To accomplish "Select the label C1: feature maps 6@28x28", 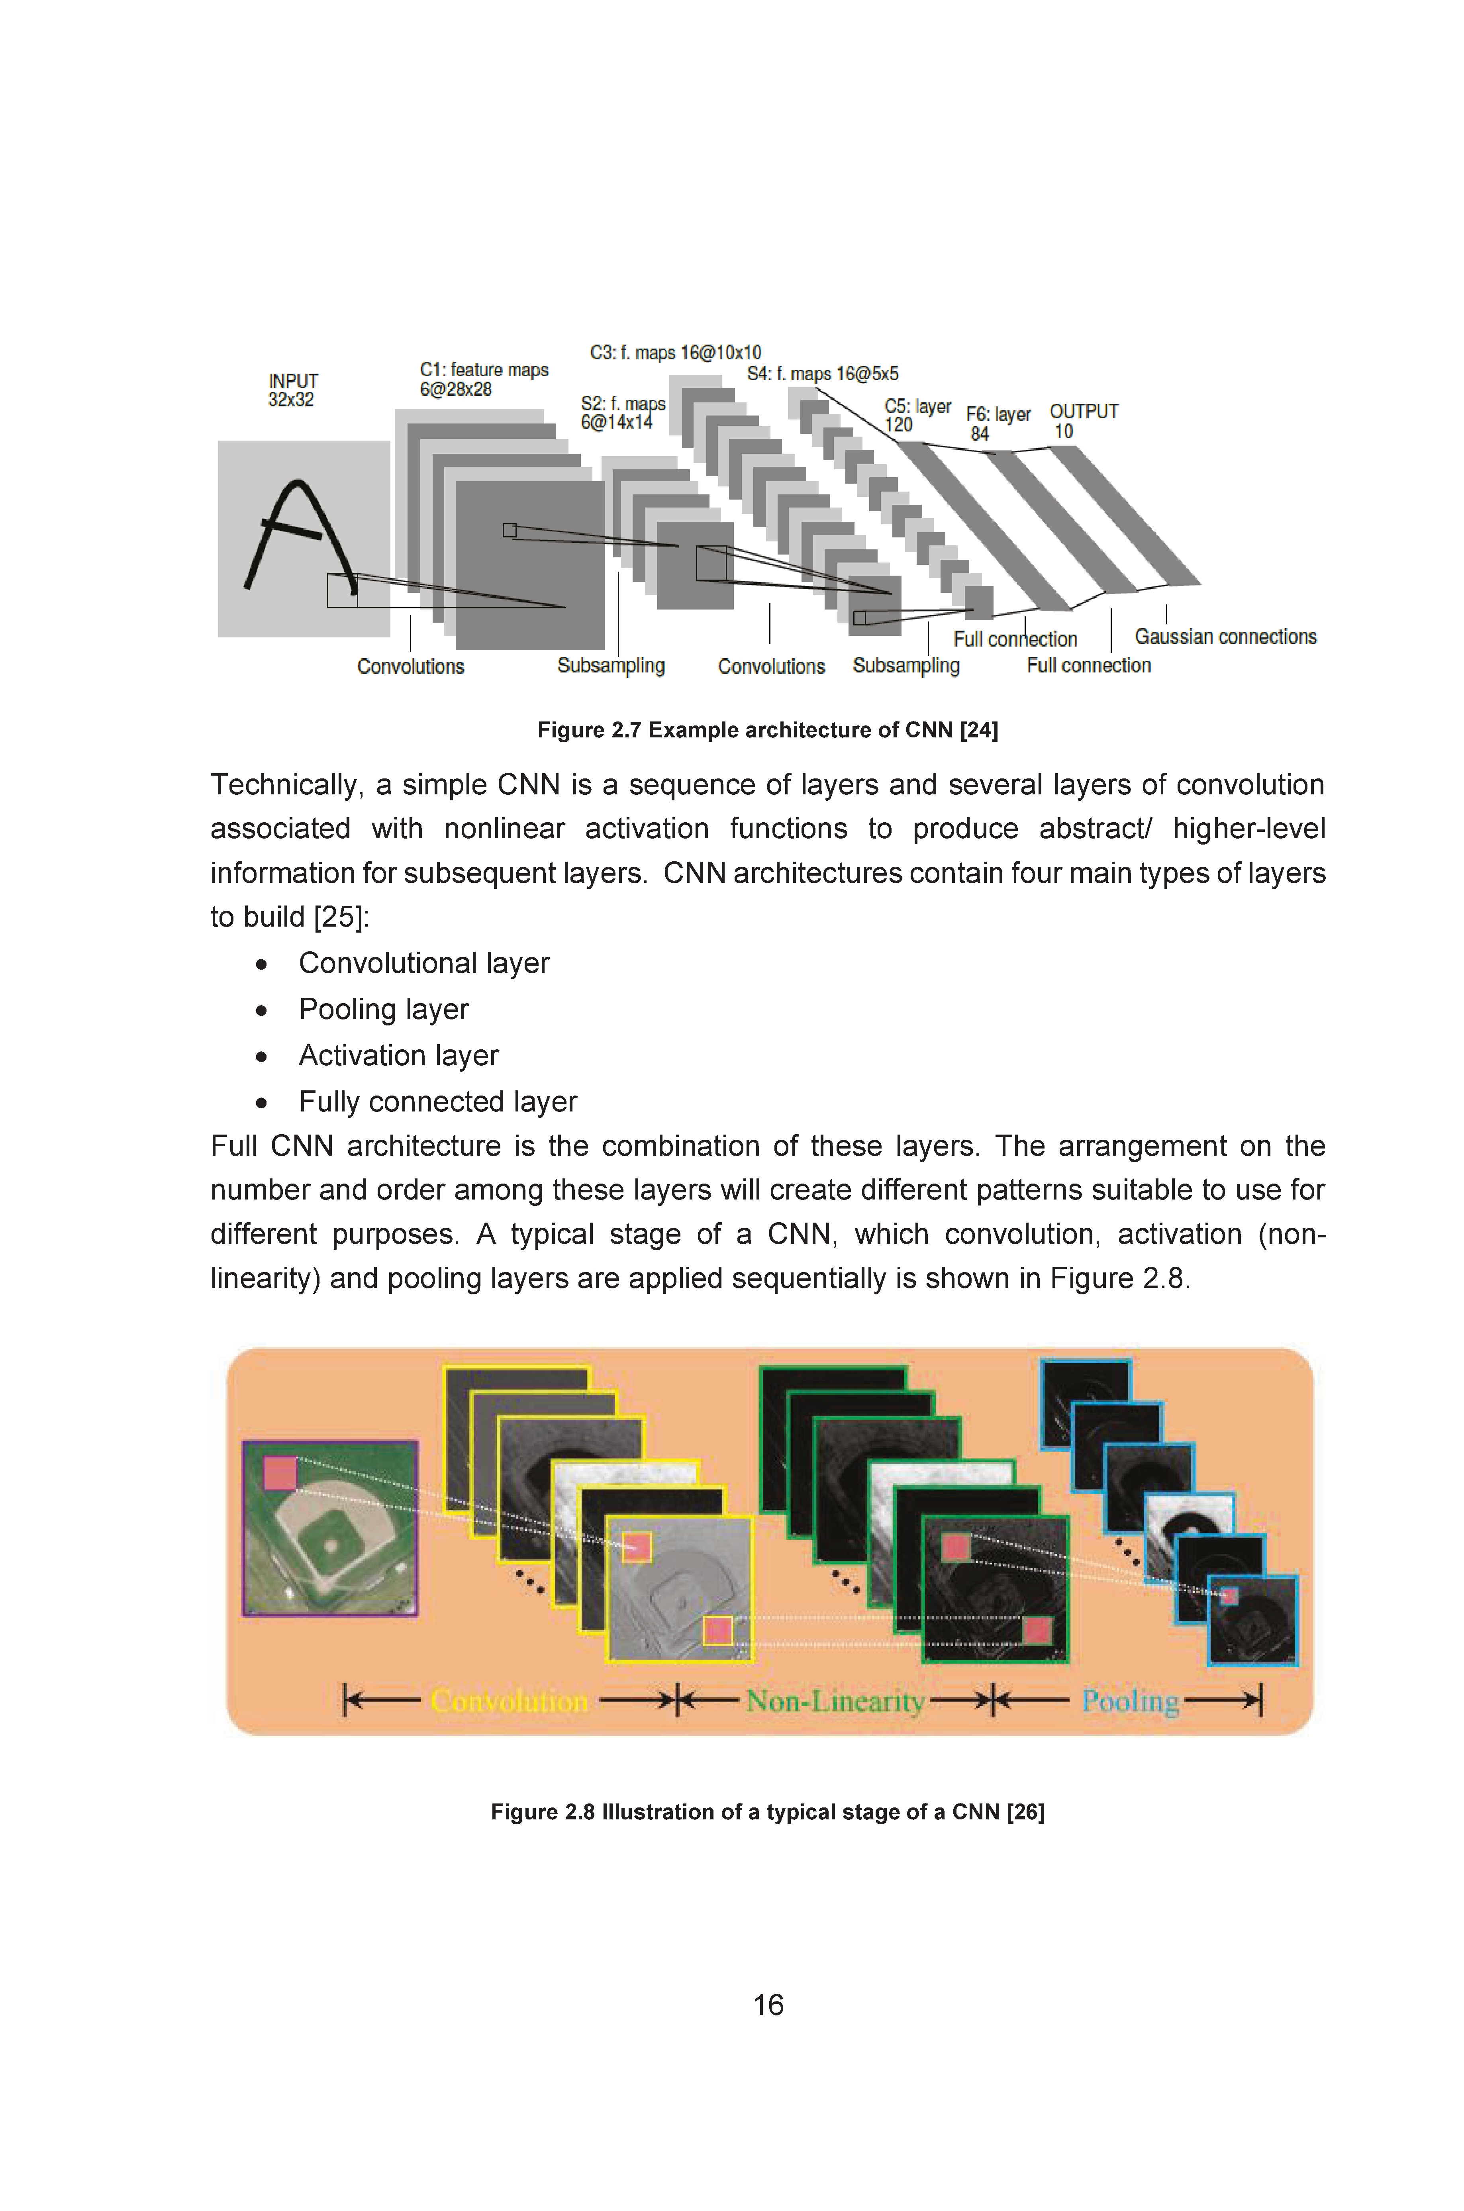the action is [x=484, y=379].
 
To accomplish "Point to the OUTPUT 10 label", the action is [x=1083, y=421].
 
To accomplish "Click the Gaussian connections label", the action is [x=1225, y=637].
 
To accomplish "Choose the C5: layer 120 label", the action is [x=917, y=416].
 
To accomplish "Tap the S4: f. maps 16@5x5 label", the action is [x=823, y=374].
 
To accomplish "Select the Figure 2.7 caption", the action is [x=768, y=730].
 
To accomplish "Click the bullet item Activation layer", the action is [x=399, y=1055].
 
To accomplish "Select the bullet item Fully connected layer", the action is [x=438, y=1102].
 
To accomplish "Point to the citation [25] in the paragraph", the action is [x=338, y=917].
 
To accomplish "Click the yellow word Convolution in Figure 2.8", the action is [x=510, y=1701].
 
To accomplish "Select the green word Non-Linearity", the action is [x=836, y=1701].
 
